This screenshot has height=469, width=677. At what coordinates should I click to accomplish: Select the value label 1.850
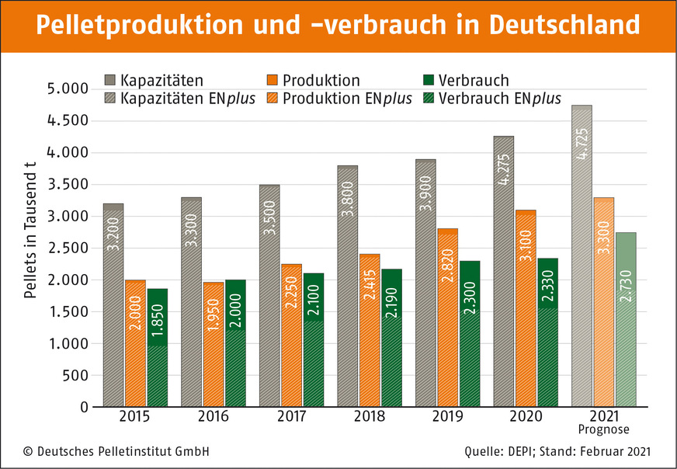coord(158,318)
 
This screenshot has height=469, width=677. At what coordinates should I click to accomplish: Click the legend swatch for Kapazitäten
coord(109,80)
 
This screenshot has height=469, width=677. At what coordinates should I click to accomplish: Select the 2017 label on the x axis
coord(291,417)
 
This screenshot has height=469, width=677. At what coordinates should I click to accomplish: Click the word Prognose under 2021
coord(603,429)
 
